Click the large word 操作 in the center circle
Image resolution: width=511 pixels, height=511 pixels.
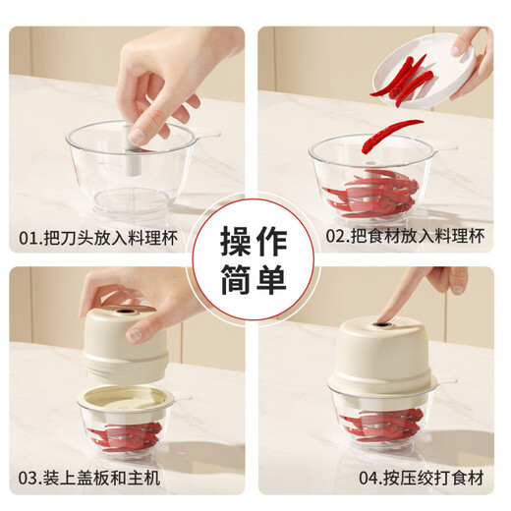point(254,240)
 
